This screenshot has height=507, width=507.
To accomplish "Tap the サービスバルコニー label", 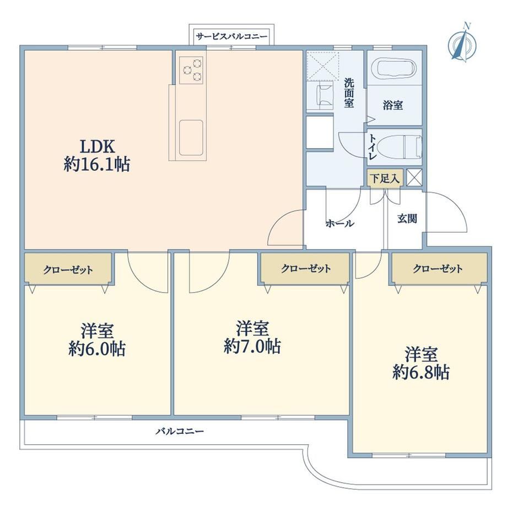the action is pyautogui.click(x=232, y=36).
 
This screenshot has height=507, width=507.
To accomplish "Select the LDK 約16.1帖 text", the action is pyautogui.click(x=97, y=155).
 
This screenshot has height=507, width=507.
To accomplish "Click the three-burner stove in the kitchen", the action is pyautogui.click(x=191, y=70).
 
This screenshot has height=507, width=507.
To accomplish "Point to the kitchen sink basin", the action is pyautogui.click(x=191, y=137).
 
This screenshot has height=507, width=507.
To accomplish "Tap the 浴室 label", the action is pyautogui.click(x=393, y=105).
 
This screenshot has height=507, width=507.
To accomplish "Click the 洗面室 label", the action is pyautogui.click(x=349, y=93).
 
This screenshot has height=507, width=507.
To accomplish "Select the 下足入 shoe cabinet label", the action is pyautogui.click(x=385, y=178).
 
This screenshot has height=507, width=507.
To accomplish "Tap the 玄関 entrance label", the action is pyautogui.click(x=407, y=219).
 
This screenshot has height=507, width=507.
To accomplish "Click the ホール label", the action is pyautogui.click(x=340, y=223).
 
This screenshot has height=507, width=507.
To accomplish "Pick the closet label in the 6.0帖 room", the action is pyautogui.click(x=68, y=269).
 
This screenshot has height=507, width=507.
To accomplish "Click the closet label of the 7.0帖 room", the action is pyautogui.click(x=305, y=268).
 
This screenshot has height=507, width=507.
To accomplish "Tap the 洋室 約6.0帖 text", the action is pyautogui.click(x=97, y=339).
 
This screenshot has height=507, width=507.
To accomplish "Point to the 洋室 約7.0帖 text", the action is pyautogui.click(x=252, y=337).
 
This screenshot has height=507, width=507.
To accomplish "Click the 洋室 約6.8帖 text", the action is pyautogui.click(x=421, y=363).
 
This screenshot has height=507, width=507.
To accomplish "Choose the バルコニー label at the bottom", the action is pyautogui.click(x=180, y=432).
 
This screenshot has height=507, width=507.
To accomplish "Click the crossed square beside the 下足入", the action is pyautogui.click(x=414, y=177).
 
